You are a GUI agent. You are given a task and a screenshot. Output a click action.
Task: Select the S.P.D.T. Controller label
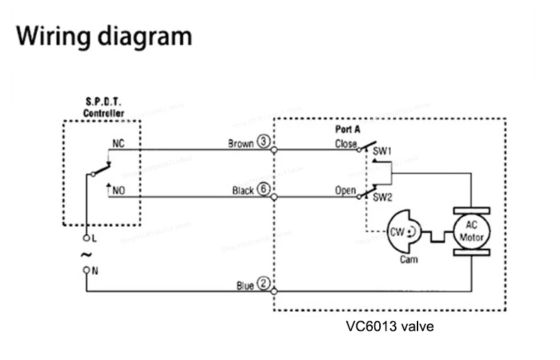(x=103, y=108)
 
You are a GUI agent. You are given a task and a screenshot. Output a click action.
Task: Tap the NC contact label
(x=118, y=142)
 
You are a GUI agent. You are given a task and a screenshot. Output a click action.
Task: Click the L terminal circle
(x=87, y=237)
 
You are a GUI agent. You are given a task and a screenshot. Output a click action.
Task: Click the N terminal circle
(x=87, y=270)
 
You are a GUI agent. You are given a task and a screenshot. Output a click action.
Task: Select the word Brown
(x=240, y=143)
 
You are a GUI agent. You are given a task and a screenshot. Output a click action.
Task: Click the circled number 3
(x=264, y=142)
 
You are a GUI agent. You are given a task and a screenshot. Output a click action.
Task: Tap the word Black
(x=242, y=191)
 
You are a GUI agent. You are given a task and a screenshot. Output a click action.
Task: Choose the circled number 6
(x=264, y=190)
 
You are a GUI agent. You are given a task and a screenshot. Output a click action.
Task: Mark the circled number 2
(x=264, y=284)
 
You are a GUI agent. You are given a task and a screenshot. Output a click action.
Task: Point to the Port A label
(x=347, y=130)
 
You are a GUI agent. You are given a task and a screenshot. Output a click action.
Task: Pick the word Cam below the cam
(x=409, y=259)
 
